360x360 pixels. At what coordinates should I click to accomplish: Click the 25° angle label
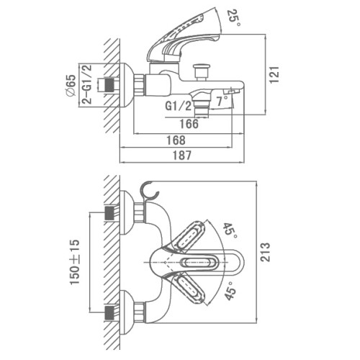234,18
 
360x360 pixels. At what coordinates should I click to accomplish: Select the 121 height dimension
274,75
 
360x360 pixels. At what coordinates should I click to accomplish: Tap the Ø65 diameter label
71,85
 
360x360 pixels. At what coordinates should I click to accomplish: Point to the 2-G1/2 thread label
86,84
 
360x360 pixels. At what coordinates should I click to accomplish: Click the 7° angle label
222,101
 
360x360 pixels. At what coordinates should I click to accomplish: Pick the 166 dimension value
189,124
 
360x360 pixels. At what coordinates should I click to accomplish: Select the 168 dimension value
176,140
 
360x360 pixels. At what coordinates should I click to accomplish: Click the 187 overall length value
182,156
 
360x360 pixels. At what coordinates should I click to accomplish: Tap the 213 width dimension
265,252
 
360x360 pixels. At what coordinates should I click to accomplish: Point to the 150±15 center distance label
74,262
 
